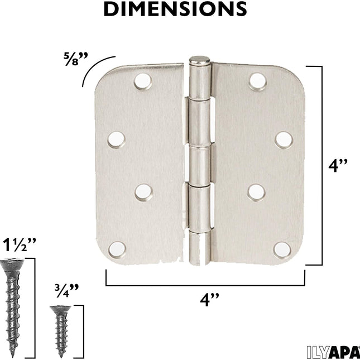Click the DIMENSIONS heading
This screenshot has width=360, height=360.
pyautogui.click(x=175, y=9)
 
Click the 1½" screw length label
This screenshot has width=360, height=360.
pyautogui.click(x=20, y=244)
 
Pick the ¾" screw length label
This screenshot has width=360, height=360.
pyautogui.click(x=66, y=289)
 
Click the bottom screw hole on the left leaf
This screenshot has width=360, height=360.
pyautogui.click(x=116, y=249)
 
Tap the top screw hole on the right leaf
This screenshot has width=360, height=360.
pyautogui.click(x=257, y=81)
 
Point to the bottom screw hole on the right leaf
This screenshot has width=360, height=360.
pyautogui.click(x=282, y=249)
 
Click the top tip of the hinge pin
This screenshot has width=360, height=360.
pyautogui.click(x=199, y=59)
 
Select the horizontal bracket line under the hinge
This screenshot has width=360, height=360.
pyautogui.click(x=205, y=285)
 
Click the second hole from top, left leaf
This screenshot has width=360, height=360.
pyautogui.click(x=116, y=139)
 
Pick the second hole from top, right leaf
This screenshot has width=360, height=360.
pyautogui.click(x=284, y=138)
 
